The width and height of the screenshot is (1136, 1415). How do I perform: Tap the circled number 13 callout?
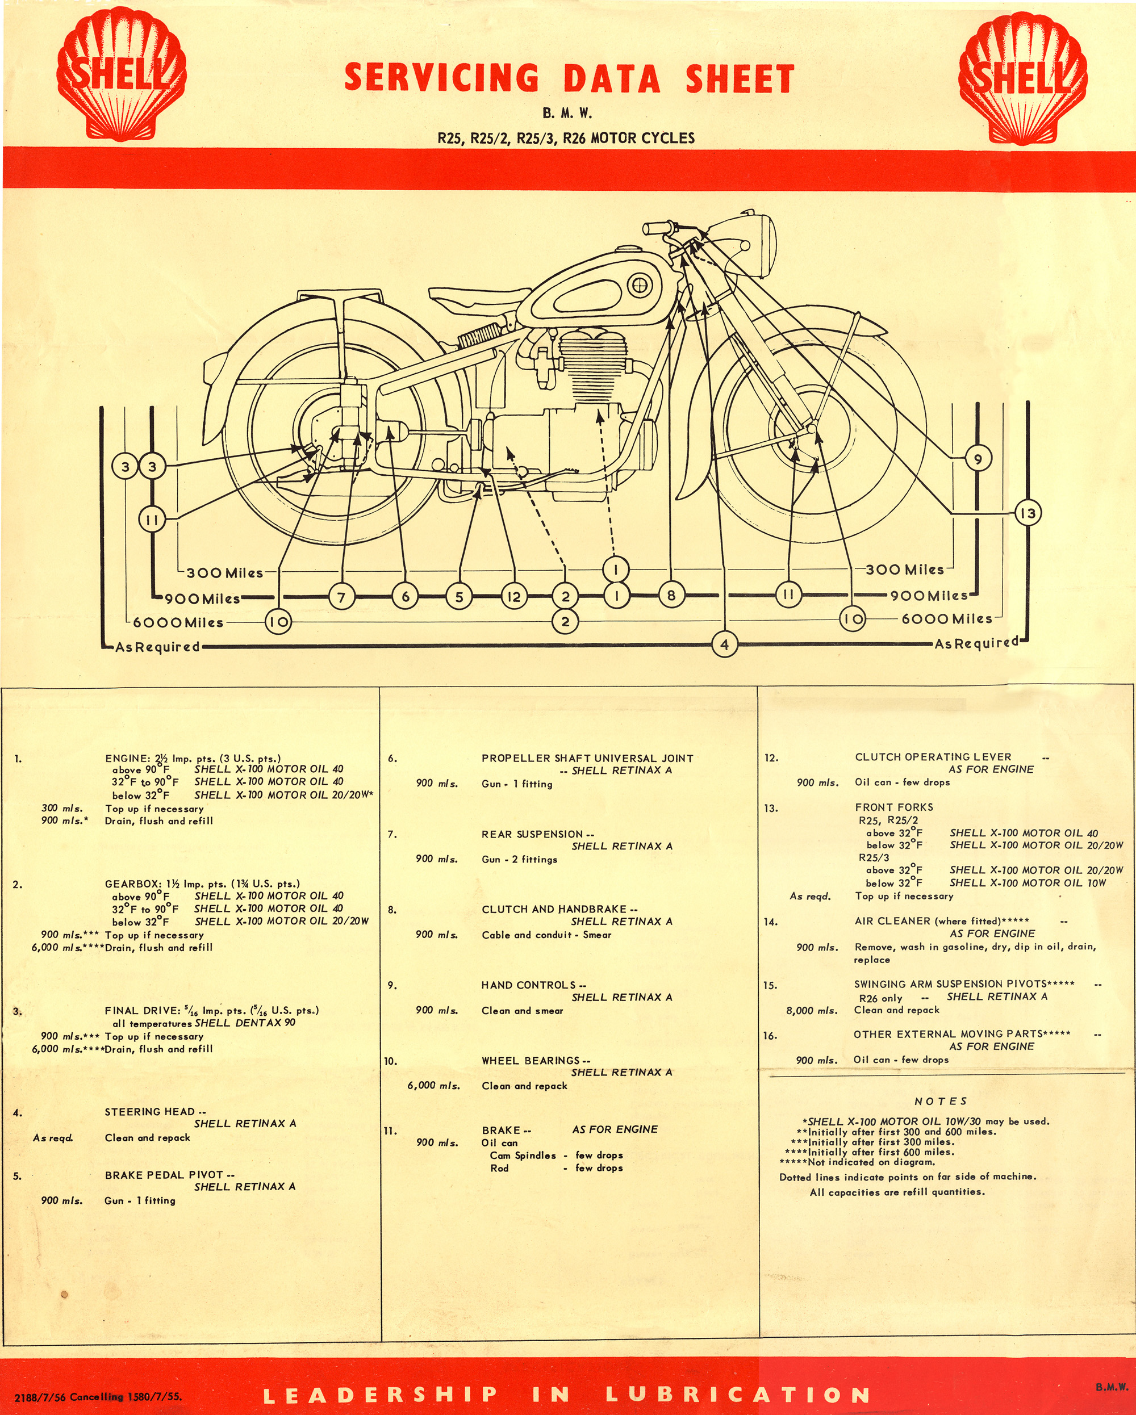[x=1028, y=513]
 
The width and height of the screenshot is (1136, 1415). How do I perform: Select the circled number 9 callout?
[x=978, y=459]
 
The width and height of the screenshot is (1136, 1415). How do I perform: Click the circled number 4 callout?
[x=724, y=644]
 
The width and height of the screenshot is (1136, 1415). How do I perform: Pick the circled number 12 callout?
[x=513, y=597]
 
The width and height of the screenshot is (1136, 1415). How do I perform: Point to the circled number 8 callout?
[x=670, y=595]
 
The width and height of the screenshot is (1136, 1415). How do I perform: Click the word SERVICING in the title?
[x=442, y=78]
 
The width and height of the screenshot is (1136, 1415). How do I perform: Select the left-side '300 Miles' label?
[x=224, y=572]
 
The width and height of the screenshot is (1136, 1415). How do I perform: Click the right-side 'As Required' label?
[x=976, y=643]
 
